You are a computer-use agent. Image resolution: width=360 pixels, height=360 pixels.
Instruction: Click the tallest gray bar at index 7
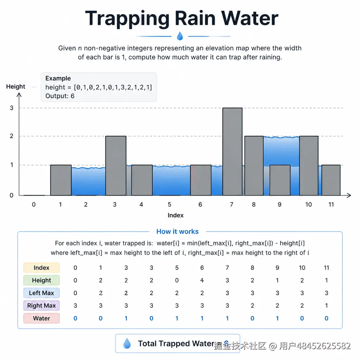pos(232,152)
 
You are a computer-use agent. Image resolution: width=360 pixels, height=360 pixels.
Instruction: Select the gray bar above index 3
pos(116,166)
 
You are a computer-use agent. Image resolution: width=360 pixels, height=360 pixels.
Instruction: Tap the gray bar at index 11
pos(331,180)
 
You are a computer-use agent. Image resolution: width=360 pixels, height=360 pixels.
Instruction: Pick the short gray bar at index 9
pos(280,180)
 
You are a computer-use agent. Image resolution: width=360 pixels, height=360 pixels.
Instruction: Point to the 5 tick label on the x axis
pos(169,204)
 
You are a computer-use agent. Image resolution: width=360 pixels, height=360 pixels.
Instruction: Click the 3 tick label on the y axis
pos(12,108)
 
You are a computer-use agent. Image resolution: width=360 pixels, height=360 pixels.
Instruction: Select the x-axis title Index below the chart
pos(176,216)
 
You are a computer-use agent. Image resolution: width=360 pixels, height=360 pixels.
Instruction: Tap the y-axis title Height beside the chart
pos(15,86)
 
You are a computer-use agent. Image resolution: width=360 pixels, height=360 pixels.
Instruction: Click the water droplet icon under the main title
pos(180,36)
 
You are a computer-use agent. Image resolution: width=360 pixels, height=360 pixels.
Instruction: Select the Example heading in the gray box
pos(58,78)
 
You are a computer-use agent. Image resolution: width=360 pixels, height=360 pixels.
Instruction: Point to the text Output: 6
pos(60,96)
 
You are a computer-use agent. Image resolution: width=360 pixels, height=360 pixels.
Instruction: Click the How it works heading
pos(178,231)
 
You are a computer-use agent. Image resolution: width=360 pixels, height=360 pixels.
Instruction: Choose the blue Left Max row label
pos(41,293)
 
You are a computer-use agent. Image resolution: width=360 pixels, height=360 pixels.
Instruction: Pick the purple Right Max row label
pos(41,306)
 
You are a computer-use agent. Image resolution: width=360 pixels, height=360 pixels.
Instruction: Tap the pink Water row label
pos(41,318)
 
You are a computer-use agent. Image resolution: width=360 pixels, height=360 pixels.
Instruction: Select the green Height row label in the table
pos(41,280)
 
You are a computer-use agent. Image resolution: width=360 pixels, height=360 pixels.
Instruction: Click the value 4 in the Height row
pos(202,280)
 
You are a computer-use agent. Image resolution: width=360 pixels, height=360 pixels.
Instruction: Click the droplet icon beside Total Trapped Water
pos(127,343)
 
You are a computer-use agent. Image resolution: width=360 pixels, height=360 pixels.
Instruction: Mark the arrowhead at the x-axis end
pos(349,195)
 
